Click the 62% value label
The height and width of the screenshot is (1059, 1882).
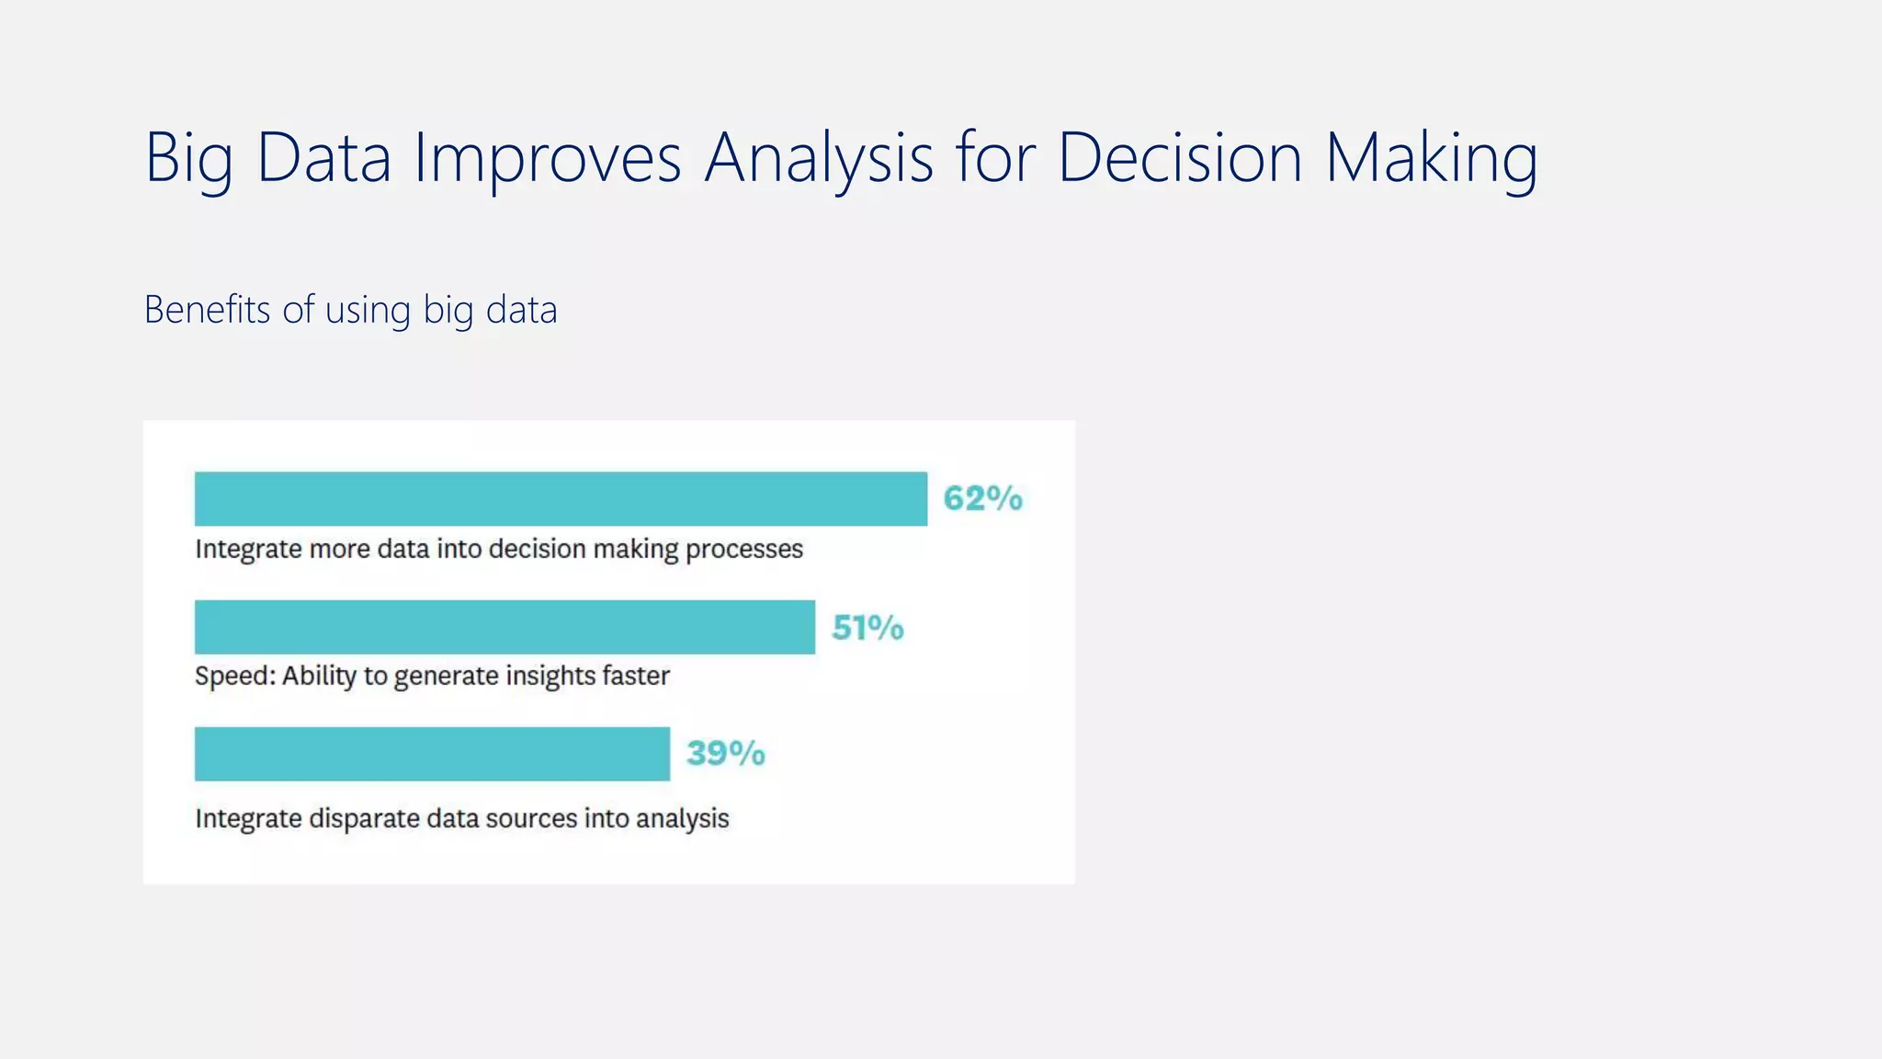[x=982, y=498]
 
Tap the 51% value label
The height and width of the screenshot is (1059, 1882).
[x=867, y=628]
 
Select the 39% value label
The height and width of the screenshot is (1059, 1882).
[x=725, y=754]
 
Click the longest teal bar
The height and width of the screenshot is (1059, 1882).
[x=561, y=499]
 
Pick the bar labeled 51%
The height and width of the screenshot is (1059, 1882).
[x=505, y=627]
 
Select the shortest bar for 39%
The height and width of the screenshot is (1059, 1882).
[x=432, y=754]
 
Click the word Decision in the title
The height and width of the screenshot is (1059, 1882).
[x=1180, y=157]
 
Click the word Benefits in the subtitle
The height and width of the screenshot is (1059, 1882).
[x=207, y=310]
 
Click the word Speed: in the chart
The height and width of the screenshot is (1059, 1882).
[x=235, y=677]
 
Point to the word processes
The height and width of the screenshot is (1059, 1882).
[x=744, y=550]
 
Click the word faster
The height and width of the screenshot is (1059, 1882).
[x=635, y=676]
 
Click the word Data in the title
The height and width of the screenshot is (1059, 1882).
[x=323, y=157]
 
